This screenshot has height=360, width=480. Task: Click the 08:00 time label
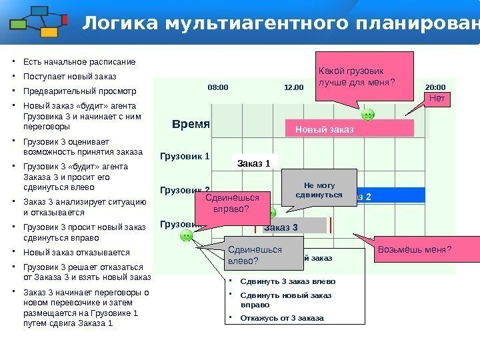[x=218, y=87]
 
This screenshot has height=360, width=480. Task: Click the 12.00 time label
[x=293, y=87]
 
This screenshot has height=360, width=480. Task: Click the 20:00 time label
[x=435, y=87]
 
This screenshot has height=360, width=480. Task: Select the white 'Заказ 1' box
[x=254, y=162]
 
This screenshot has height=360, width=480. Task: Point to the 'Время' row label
[x=191, y=124]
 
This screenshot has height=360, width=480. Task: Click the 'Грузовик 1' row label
[x=185, y=157]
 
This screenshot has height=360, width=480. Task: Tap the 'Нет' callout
[x=437, y=99]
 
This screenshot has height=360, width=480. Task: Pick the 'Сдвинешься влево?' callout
[x=256, y=255]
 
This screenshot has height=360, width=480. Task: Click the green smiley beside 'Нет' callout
[x=368, y=115]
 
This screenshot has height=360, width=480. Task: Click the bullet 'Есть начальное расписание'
[x=79, y=62]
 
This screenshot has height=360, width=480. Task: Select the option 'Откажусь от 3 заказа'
[x=281, y=318]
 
